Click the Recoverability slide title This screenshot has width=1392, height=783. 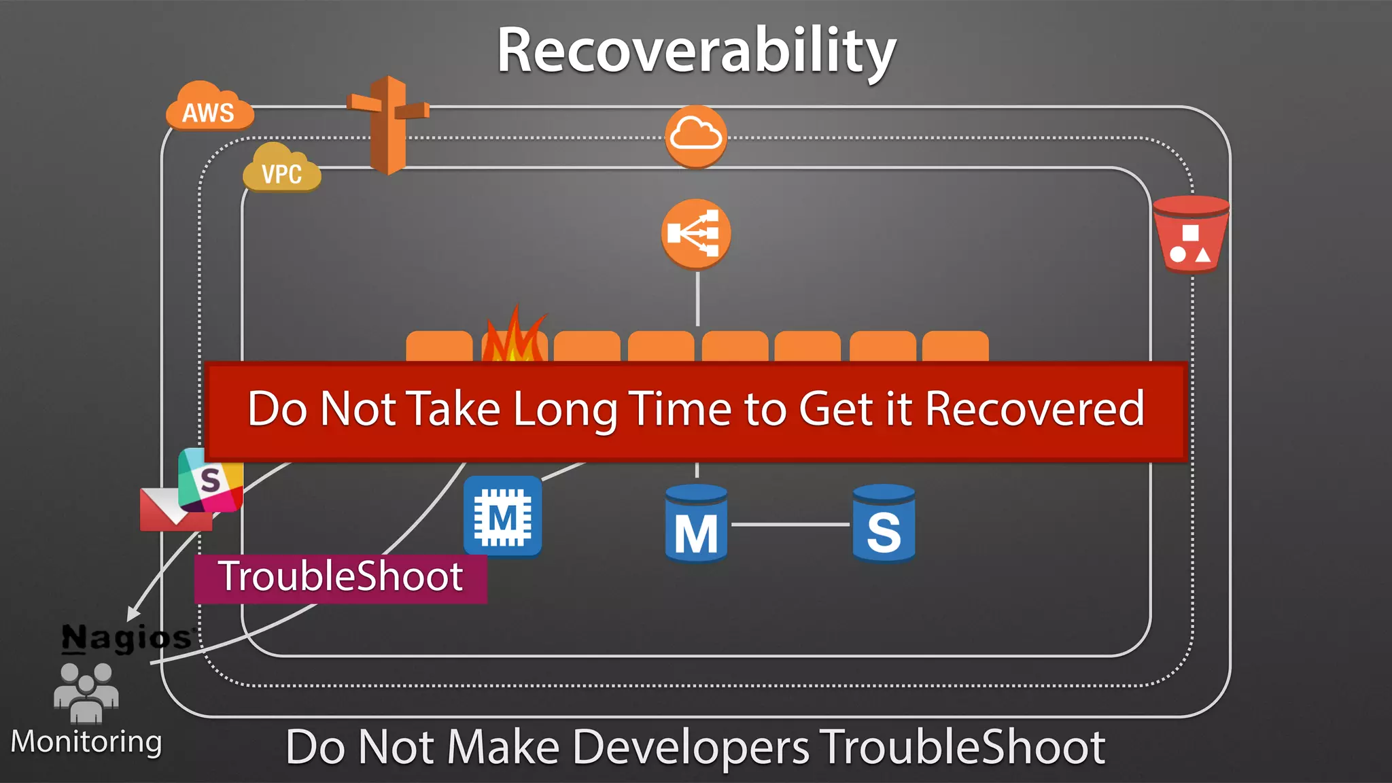[x=696, y=51]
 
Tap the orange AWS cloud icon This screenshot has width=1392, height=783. [x=209, y=109]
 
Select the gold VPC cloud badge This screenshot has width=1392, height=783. [x=281, y=170]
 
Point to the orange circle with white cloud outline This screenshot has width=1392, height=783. [x=695, y=136]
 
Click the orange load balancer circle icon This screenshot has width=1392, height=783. [x=695, y=233]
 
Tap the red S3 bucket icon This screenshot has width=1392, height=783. [x=1191, y=234]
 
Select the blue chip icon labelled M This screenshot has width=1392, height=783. [x=503, y=517]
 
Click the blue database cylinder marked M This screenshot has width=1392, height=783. [x=696, y=523]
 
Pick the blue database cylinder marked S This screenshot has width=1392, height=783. [x=884, y=523]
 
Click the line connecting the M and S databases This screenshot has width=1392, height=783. [x=790, y=524]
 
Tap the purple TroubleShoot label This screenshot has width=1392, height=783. [x=341, y=578]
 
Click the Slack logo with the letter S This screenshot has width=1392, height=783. [x=211, y=481]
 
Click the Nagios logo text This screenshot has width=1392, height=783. [x=127, y=638]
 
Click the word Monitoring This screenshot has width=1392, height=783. [x=86, y=742]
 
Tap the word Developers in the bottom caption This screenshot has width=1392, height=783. [x=691, y=748]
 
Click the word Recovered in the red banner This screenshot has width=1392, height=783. [x=1034, y=409]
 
